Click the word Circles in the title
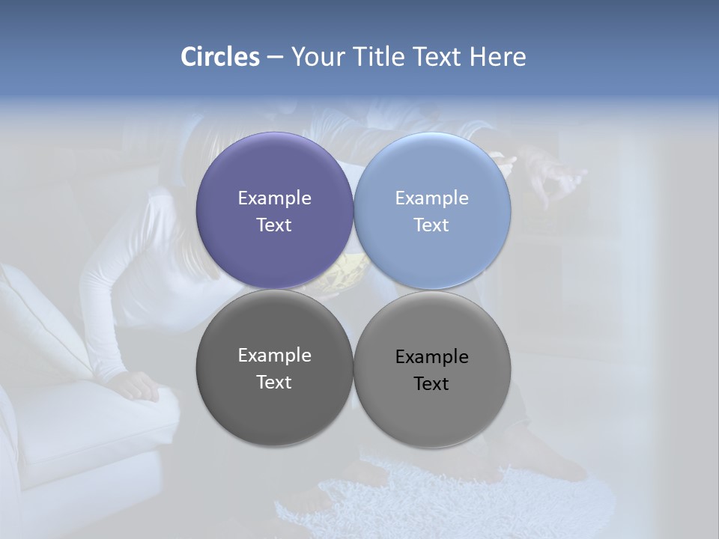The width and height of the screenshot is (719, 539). pyautogui.click(x=220, y=57)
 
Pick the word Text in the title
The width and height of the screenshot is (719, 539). pyautogui.click(x=438, y=57)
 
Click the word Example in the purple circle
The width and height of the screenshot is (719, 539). pyautogui.click(x=274, y=198)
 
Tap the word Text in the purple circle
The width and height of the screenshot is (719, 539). pyautogui.click(x=274, y=225)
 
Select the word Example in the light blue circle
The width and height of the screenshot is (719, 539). pyautogui.click(x=431, y=198)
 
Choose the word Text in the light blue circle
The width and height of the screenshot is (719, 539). pyautogui.click(x=431, y=225)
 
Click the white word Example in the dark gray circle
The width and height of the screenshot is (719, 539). pyautogui.click(x=274, y=356)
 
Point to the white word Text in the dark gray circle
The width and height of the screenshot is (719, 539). pyautogui.click(x=274, y=383)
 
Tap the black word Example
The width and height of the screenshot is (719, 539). pyautogui.click(x=431, y=357)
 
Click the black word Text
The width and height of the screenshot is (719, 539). pyautogui.click(x=431, y=384)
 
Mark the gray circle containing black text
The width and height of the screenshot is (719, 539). pyautogui.click(x=432, y=419)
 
